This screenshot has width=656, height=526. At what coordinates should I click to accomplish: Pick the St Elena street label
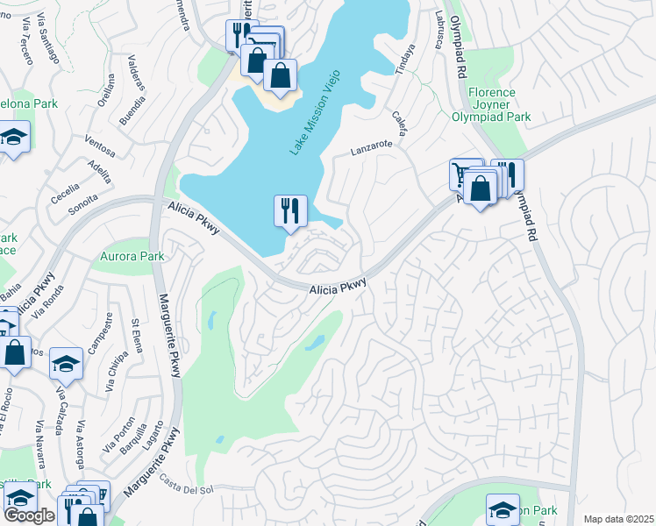click(x=137, y=333)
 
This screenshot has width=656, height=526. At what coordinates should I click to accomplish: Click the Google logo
click(x=29, y=515)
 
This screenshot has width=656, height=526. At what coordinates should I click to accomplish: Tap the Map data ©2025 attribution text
click(x=618, y=519)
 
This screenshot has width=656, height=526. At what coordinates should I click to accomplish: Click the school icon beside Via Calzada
click(x=66, y=362)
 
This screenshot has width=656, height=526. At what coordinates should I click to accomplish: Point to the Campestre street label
click(x=108, y=331)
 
